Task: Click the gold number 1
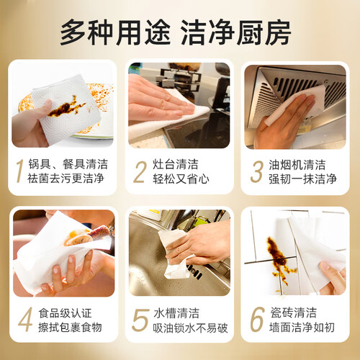(x=20, y=171)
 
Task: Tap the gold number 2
(x=140, y=172)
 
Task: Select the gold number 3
(x=256, y=172)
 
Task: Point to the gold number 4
(x=25, y=320)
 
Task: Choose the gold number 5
(x=140, y=320)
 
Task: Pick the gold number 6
(x=257, y=319)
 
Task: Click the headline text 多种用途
(x=115, y=32)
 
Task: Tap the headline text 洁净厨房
(x=235, y=32)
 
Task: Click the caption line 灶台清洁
(x=176, y=164)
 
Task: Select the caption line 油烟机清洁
(x=297, y=165)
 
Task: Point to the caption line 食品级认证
(x=65, y=313)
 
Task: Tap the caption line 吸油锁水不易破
(x=190, y=328)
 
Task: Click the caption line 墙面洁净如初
(x=302, y=328)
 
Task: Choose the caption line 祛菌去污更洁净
(x=66, y=179)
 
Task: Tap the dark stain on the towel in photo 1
(x=66, y=107)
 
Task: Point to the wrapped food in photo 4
(x=86, y=235)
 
